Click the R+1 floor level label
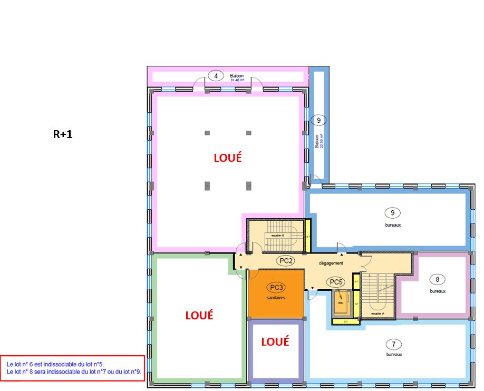(63, 134)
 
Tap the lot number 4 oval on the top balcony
(216, 75)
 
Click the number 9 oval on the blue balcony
(318, 120)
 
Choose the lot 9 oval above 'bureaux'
(392, 213)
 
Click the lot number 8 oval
(437, 279)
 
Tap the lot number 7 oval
(393, 345)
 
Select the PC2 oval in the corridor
(287, 260)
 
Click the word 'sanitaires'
(276, 298)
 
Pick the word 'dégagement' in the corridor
(331, 263)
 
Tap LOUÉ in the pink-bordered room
(227, 157)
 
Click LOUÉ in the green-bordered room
(199, 315)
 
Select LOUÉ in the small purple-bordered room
(275, 341)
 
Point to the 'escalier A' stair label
(377, 313)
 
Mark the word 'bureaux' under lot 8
(437, 291)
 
